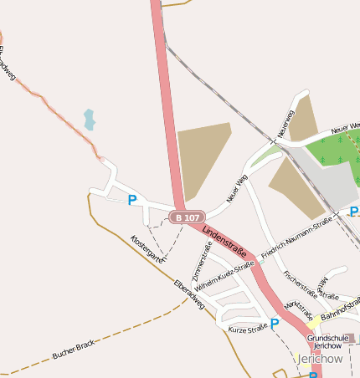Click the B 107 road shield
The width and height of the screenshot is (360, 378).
click(187, 217)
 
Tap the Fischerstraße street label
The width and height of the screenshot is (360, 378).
click(300, 283)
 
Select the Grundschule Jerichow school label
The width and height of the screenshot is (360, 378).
click(326, 341)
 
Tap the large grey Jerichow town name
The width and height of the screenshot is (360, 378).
click(320, 359)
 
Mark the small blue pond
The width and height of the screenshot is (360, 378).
click(89, 120)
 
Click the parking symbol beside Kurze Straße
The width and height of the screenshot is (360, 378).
click(275, 323)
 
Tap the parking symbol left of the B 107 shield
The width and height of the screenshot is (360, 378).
click(131, 200)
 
